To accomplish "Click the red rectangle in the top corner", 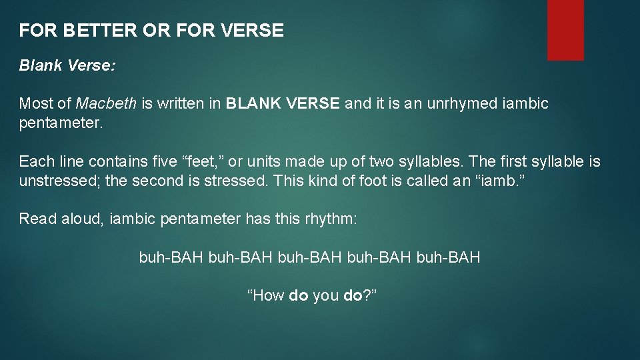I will click(565, 30).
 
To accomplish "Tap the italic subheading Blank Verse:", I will click(67, 66).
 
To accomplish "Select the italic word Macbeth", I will click(107, 103).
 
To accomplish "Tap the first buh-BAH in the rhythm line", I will click(171, 257).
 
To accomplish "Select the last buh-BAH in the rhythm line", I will click(448, 257).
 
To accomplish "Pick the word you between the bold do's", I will click(325, 296).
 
